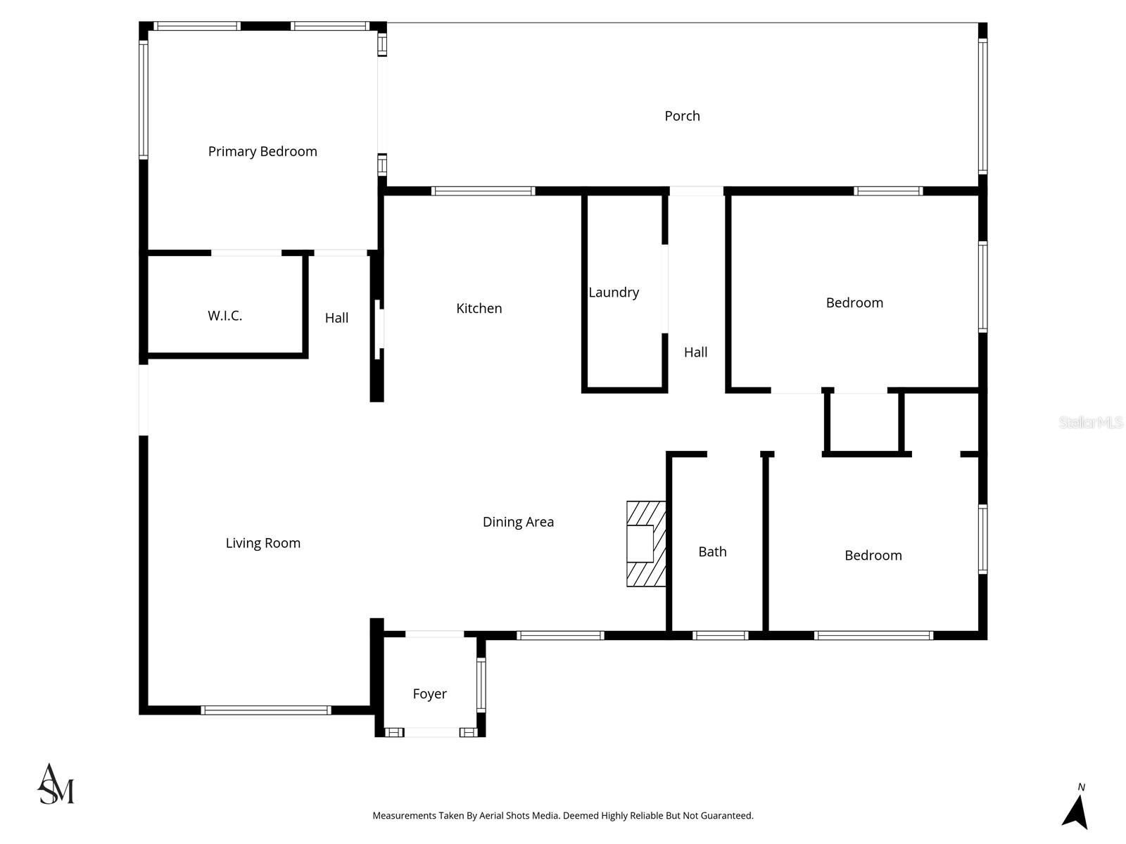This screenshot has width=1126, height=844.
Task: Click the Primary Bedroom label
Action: pos(262,151)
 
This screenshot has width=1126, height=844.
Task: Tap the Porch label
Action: pos(682,116)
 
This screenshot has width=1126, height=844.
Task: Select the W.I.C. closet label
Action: pos(224,316)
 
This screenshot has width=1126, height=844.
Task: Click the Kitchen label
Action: pos(479,308)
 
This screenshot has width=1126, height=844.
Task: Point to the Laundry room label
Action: pos(614,292)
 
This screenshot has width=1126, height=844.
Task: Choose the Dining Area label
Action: pos(518,522)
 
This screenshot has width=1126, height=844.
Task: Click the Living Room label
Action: pos(262,543)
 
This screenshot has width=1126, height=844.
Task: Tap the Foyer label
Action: pos(429,694)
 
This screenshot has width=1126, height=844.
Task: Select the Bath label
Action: pos(712,551)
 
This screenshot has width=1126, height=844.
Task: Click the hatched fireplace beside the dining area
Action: pos(646,544)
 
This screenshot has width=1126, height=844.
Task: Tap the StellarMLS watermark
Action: pos(1090,422)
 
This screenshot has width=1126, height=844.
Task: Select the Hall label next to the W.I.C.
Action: pos(336,318)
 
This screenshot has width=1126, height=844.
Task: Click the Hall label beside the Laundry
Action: pos(695,352)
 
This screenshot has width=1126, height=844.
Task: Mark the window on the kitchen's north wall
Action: pos(483,191)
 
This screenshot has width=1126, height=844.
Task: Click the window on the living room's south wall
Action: pos(266,710)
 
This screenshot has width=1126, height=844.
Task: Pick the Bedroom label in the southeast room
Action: pos(873,556)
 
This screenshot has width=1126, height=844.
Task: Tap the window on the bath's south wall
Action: pos(720,635)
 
